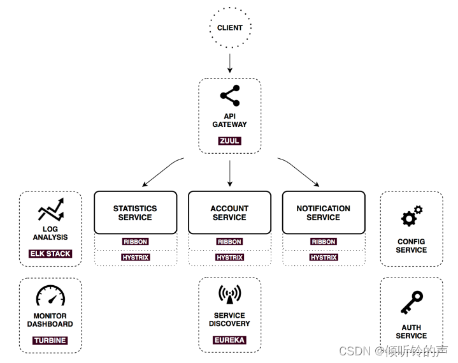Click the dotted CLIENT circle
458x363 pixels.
point(229,27)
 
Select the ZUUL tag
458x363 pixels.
point(229,140)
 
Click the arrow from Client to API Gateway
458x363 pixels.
point(229,63)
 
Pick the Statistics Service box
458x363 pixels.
point(135,212)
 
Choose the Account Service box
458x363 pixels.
point(229,212)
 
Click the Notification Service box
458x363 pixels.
point(324,212)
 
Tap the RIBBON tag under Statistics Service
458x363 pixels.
point(135,242)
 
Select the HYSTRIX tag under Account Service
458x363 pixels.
point(229,258)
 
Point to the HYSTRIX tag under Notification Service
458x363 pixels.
point(324,258)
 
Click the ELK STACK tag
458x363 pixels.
point(50,253)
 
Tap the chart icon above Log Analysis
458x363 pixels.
point(50,210)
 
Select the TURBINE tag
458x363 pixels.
point(50,340)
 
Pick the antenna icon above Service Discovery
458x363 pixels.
point(229,294)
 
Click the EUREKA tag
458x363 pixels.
point(229,340)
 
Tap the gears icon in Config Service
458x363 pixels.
point(411,216)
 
